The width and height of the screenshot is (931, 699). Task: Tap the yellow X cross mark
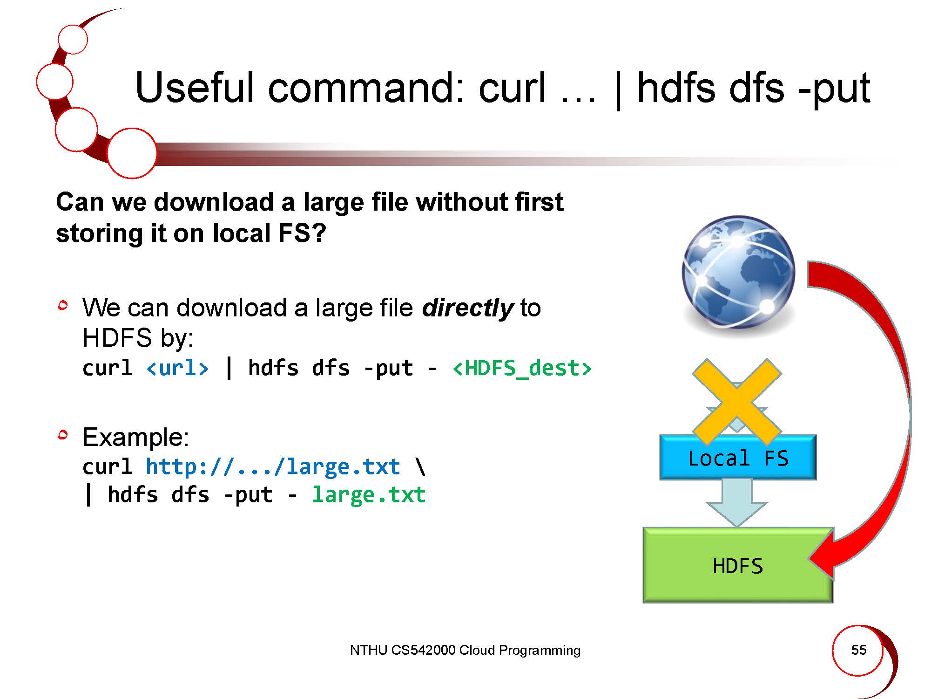pyautogui.click(x=737, y=402)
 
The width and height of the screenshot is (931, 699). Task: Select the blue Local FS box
pyautogui.click(x=738, y=458)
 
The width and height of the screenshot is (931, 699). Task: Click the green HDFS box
pyautogui.click(x=738, y=565)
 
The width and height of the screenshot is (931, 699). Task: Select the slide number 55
pyautogui.click(x=859, y=650)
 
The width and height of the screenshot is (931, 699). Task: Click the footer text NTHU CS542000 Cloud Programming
pyautogui.click(x=465, y=650)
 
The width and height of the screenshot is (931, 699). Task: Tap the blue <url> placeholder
pyautogui.click(x=177, y=368)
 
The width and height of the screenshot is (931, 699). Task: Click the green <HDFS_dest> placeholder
pyautogui.click(x=522, y=368)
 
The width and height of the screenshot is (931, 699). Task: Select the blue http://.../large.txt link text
pyautogui.click(x=273, y=466)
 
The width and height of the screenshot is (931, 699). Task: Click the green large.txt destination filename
pyautogui.click(x=369, y=494)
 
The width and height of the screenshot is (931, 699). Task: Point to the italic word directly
pyautogui.click(x=467, y=308)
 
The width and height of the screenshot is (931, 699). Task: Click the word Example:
pyautogui.click(x=136, y=438)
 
